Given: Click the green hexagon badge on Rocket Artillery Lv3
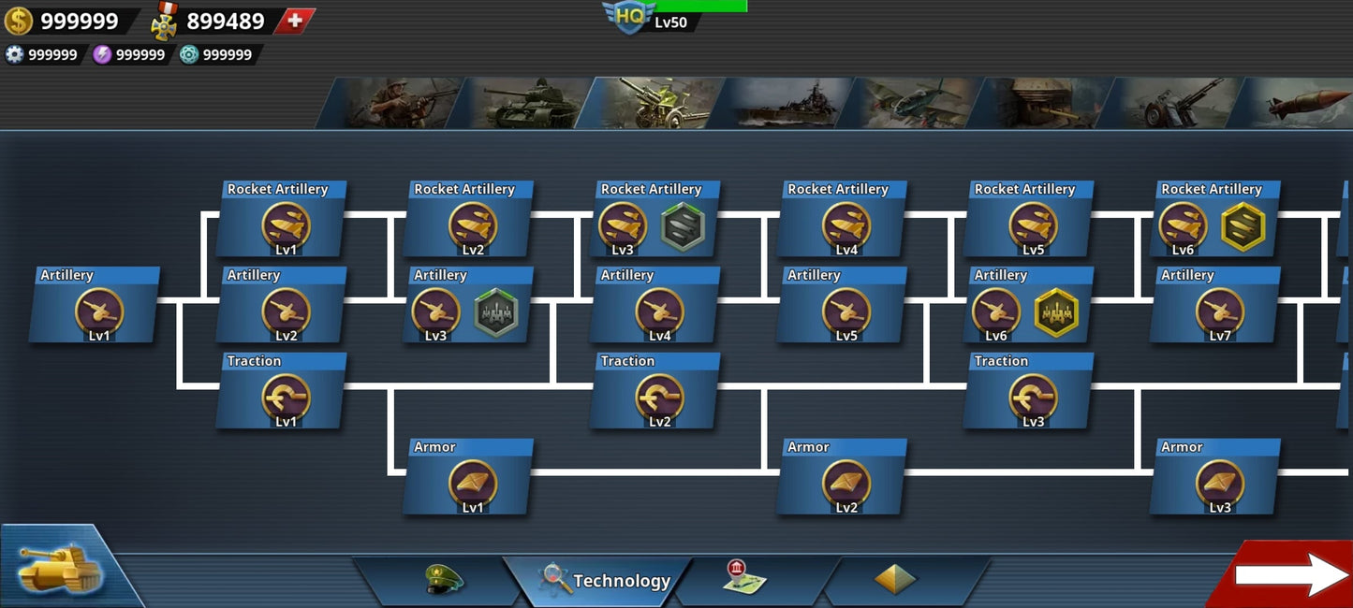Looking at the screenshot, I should coord(682,226).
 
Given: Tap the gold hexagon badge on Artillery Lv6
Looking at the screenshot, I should coord(1055,312).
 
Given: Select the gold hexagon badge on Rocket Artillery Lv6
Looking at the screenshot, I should coord(1243,226).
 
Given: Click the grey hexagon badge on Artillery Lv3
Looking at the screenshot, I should coord(495,312).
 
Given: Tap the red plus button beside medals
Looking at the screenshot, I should coord(295,21).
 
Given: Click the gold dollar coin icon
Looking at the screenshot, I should coord(18,21).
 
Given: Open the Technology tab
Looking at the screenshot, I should coord(604,581).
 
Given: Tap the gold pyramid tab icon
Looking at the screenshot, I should coord(895,580).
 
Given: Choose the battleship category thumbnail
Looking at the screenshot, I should coord(787,103).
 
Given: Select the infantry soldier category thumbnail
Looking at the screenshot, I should coord(398,103).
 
